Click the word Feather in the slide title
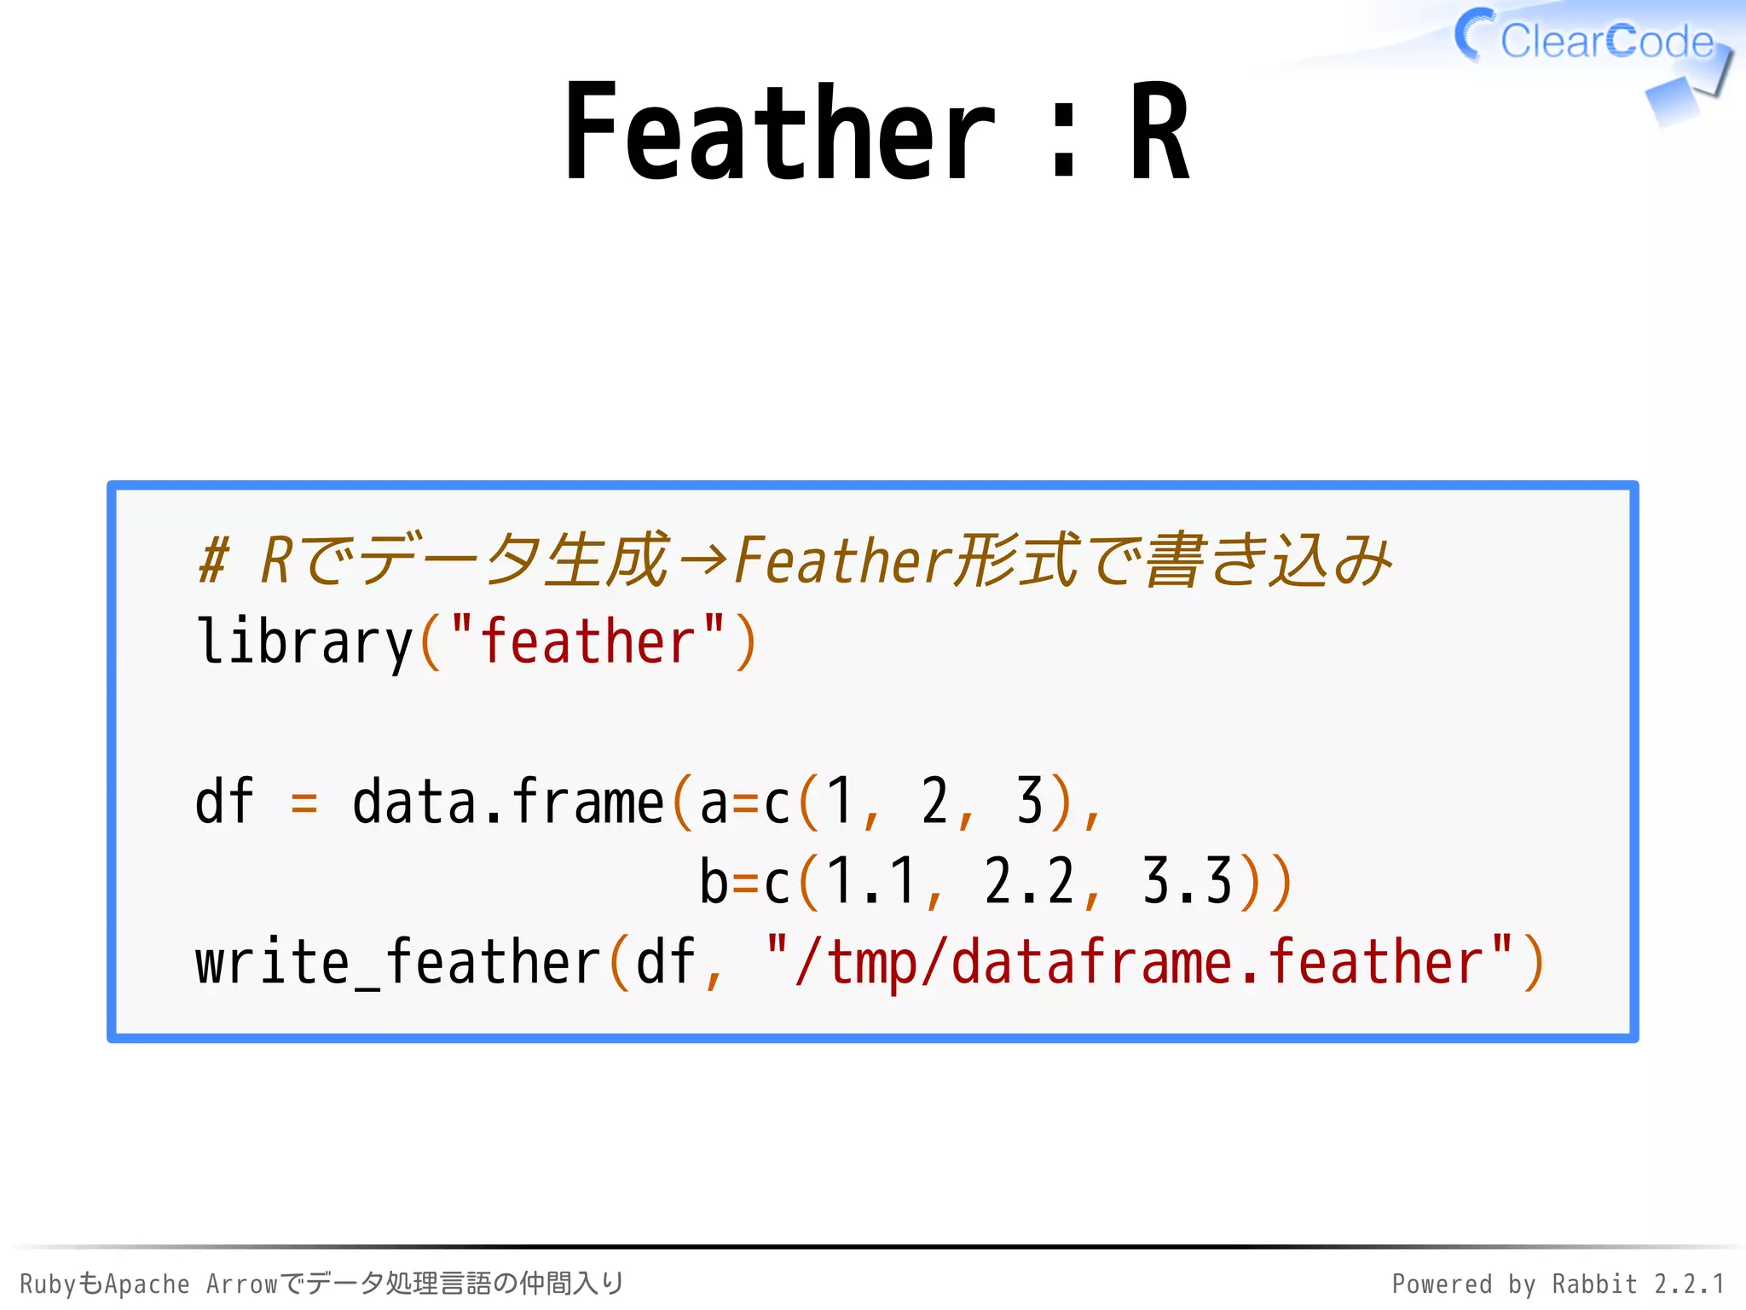click(x=779, y=132)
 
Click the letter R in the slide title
click(x=1159, y=132)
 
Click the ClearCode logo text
click(x=1606, y=41)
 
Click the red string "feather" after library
click(x=588, y=641)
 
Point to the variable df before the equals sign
click(x=224, y=802)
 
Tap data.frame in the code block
click(x=507, y=802)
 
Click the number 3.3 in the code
click(x=1187, y=881)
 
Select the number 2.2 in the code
click(x=1029, y=881)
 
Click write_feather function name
click(x=398, y=962)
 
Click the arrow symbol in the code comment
click(x=703, y=560)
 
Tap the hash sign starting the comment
click(x=213, y=560)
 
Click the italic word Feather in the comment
click(x=842, y=560)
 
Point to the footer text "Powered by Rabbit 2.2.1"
click(x=1558, y=1284)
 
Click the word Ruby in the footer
click(x=48, y=1284)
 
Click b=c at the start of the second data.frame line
click(x=744, y=881)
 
